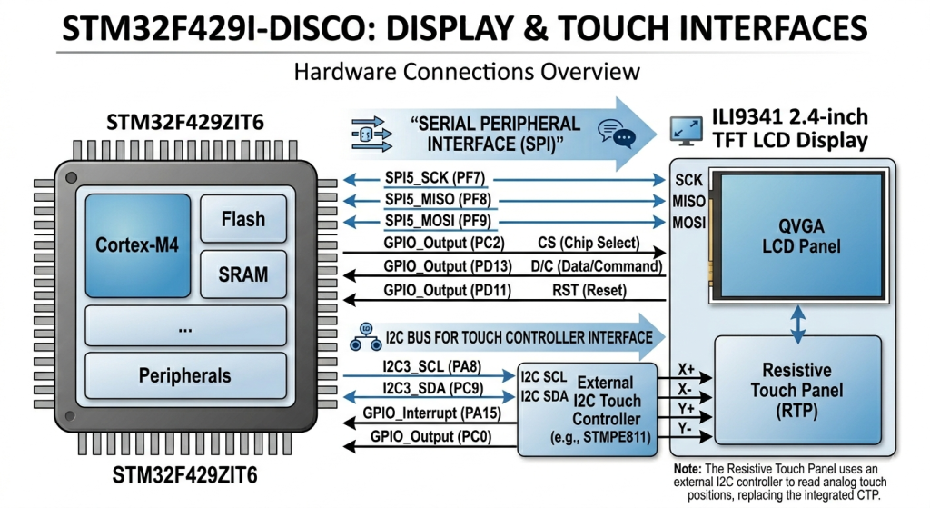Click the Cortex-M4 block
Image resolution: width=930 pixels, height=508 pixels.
point(137,244)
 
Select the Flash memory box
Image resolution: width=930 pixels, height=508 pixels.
point(242,219)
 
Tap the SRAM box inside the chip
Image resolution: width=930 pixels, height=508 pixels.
point(242,274)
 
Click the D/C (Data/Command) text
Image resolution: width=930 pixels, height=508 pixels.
point(600,266)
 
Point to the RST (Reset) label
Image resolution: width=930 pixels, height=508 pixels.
point(589,292)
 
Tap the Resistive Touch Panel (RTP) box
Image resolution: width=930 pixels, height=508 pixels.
point(796,391)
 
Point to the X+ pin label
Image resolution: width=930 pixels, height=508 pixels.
point(688,369)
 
